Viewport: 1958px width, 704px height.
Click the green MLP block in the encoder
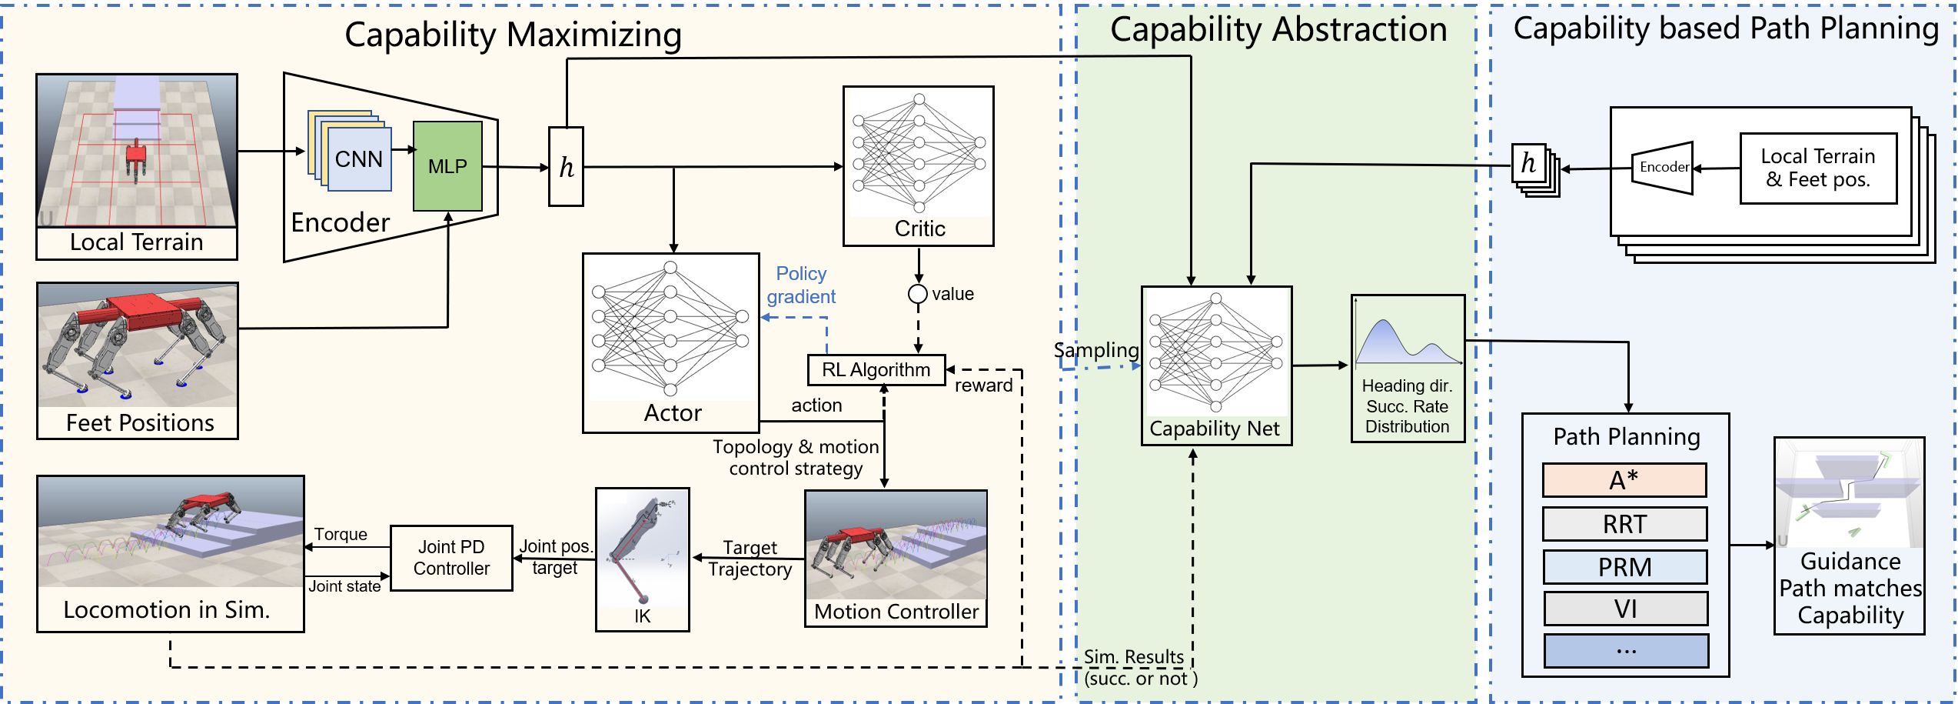(x=447, y=166)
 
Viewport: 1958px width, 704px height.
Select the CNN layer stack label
(x=359, y=159)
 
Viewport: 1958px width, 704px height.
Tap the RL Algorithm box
(x=876, y=370)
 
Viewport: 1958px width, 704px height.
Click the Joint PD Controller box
(x=451, y=558)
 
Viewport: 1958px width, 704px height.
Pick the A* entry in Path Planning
(x=1624, y=480)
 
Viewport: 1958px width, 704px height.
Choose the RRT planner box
(x=1624, y=524)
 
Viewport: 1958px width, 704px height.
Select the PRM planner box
(x=1624, y=567)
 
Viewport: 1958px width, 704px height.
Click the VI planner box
(x=1625, y=609)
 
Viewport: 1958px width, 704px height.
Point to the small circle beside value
(x=917, y=294)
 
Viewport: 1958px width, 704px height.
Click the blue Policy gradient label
(x=801, y=285)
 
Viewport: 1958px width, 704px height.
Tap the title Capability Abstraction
(x=1278, y=31)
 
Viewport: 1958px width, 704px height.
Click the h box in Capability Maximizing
(x=566, y=167)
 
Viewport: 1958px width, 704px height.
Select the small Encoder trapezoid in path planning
(x=1663, y=168)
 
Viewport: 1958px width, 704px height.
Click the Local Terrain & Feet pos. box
(x=1818, y=168)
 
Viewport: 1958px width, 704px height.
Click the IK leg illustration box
(x=643, y=559)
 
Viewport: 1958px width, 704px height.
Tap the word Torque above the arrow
(x=341, y=534)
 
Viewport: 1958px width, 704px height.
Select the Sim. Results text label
(x=1133, y=657)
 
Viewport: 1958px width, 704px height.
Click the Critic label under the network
(x=919, y=229)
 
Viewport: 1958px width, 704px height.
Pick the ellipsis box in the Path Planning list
(x=1626, y=651)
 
